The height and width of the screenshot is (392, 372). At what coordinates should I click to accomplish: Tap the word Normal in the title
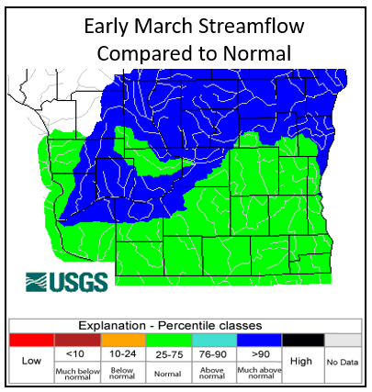253,53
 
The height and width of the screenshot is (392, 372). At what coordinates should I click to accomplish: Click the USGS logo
67,281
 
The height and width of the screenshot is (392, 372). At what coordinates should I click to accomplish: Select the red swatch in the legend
30,340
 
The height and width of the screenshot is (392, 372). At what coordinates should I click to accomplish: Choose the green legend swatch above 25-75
166,340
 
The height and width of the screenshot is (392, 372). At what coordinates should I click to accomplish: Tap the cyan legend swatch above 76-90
211,340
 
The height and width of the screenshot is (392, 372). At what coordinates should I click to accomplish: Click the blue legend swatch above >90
257,340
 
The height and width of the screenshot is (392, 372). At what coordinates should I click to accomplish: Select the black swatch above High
302,340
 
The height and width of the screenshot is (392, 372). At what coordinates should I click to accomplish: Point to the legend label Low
30,362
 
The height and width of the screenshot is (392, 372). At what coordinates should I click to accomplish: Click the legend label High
302,362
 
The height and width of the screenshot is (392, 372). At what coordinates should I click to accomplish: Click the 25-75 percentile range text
166,353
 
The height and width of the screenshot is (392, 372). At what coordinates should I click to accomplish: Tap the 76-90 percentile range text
211,353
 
